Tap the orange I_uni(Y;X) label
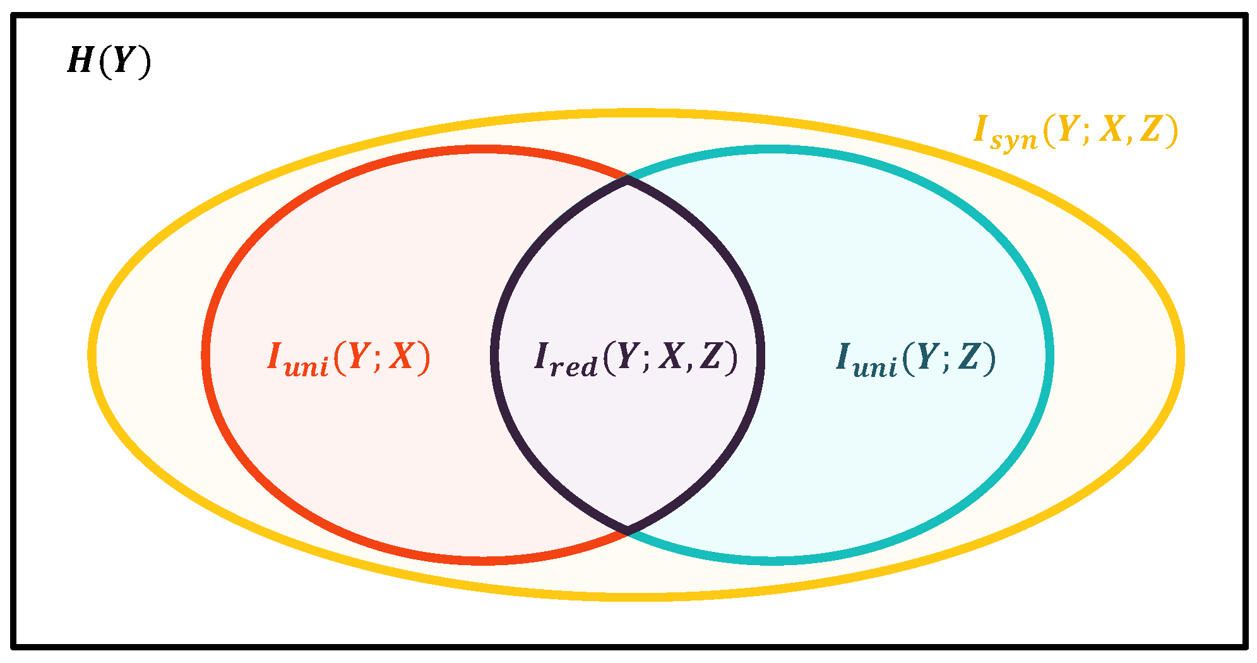click(349, 358)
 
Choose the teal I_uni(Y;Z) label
click(915, 358)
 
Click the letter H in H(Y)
click(81, 62)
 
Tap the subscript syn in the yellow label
click(1013, 140)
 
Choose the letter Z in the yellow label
click(1151, 129)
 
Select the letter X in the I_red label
click(670, 356)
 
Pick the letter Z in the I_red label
click(711, 356)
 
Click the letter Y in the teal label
click(927, 356)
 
